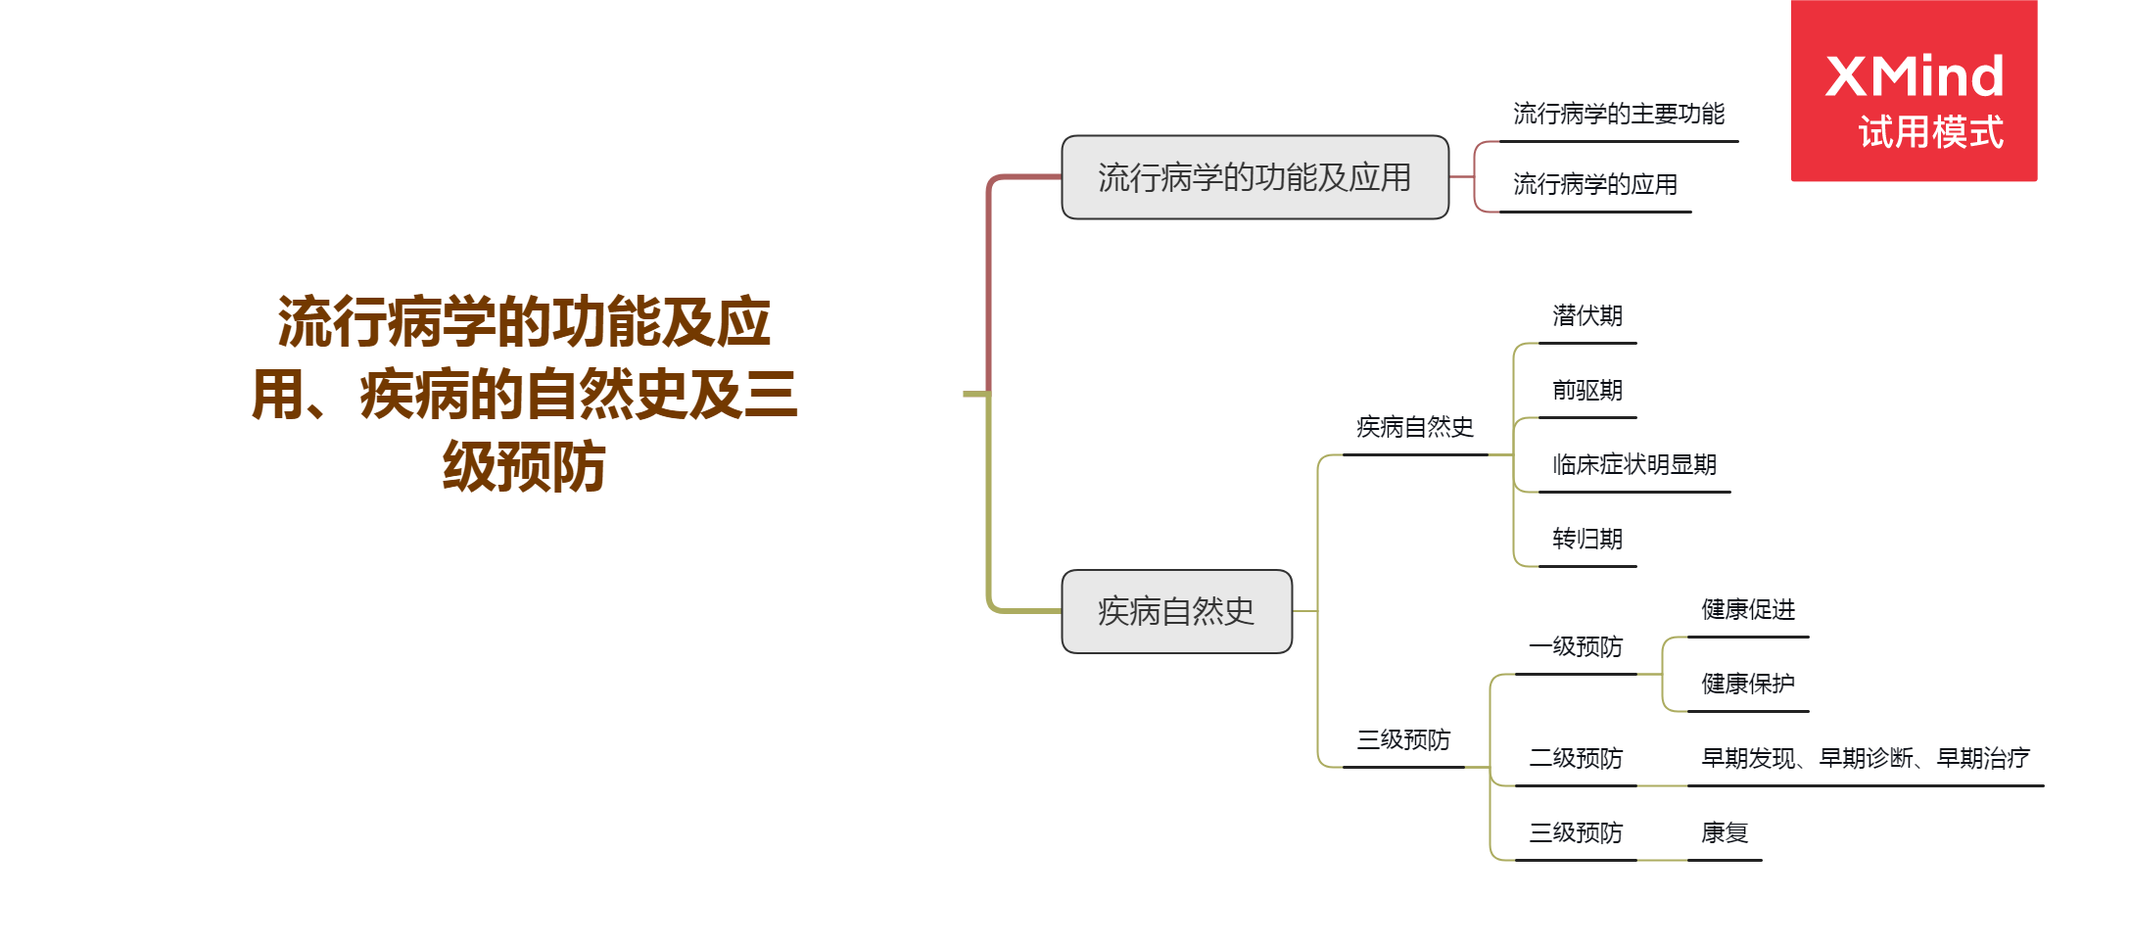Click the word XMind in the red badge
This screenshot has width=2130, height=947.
pos(1915,75)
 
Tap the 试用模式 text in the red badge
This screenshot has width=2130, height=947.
pos(1930,132)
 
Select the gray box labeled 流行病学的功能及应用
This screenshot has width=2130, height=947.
pos(1254,177)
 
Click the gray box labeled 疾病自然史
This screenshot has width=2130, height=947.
pos(1176,611)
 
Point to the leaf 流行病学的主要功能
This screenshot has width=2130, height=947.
pos(1619,115)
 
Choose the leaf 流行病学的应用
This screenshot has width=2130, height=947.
pos(1594,184)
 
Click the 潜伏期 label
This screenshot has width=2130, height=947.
pos(1587,316)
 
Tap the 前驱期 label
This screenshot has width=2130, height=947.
pos(1587,391)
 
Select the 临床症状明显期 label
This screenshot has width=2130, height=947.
pos(1634,465)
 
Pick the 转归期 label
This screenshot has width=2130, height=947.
pos(1587,540)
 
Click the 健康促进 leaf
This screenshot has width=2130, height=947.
pos(1748,610)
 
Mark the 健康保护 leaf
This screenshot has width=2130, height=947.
pos(1748,685)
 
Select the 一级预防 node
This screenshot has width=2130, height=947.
pos(1576,647)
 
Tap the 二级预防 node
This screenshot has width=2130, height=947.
pos(1576,759)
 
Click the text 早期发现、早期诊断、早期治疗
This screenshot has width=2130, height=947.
pos(1866,759)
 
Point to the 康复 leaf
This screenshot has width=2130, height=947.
pos(1725,833)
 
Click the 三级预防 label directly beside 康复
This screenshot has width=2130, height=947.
pos(1576,833)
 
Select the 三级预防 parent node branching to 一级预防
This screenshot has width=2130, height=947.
pos(1403,740)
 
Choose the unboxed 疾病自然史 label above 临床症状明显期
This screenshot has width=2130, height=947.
pos(1415,428)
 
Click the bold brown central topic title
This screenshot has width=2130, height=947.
pos(525,394)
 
